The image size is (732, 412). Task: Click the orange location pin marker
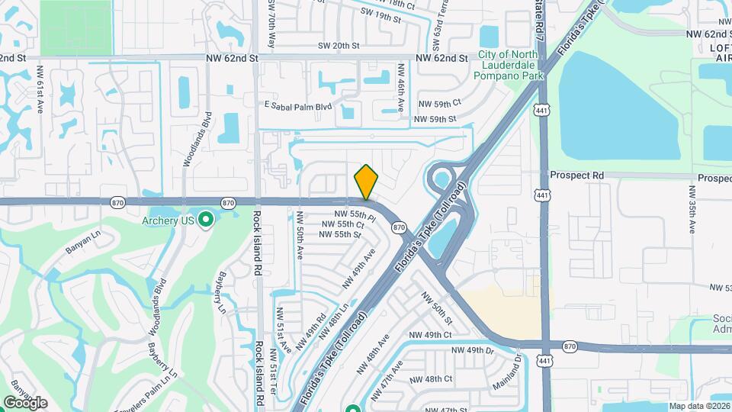tap(366, 183)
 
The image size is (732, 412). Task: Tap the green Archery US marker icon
tap(205, 221)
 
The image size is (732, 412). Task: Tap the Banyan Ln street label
tap(82, 243)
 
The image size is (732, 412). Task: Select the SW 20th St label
tap(339, 46)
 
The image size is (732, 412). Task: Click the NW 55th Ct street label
tap(343, 224)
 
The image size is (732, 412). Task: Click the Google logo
tap(25, 403)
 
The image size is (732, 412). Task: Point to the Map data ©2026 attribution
tap(699, 407)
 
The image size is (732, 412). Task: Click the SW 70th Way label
tap(271, 24)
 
